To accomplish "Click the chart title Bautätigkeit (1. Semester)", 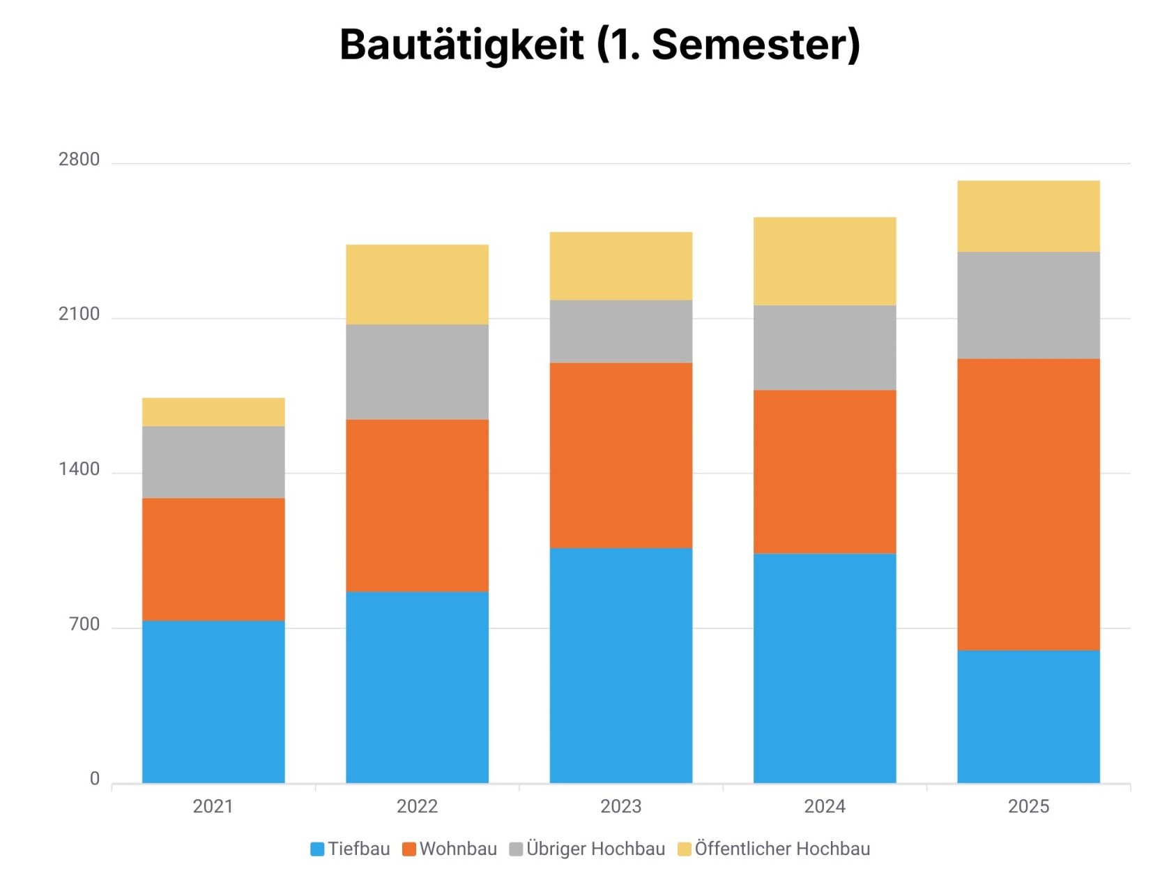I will click(600, 45).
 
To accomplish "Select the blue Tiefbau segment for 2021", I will click(213, 702).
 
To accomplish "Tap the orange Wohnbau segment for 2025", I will click(1028, 504).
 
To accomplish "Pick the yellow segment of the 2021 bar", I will click(213, 412).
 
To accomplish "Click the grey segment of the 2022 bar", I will click(417, 372).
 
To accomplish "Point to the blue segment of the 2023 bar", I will click(620, 665).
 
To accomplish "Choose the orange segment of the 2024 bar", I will click(825, 471).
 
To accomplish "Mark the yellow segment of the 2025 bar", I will click(1028, 216).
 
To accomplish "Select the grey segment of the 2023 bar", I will click(620, 331).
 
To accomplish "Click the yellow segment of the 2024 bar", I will click(825, 262).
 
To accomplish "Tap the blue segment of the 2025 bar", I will click(1028, 716).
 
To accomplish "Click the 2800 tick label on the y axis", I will click(79, 160).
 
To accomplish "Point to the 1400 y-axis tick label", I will click(79, 469).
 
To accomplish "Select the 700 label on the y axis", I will click(84, 624).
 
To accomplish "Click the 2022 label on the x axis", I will click(417, 806).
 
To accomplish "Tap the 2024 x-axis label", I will click(825, 806).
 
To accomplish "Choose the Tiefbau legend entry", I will click(351, 849).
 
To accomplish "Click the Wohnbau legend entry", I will click(450, 849).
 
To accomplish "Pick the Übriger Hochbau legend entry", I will click(588, 849).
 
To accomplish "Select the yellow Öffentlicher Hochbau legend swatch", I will click(685, 849).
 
